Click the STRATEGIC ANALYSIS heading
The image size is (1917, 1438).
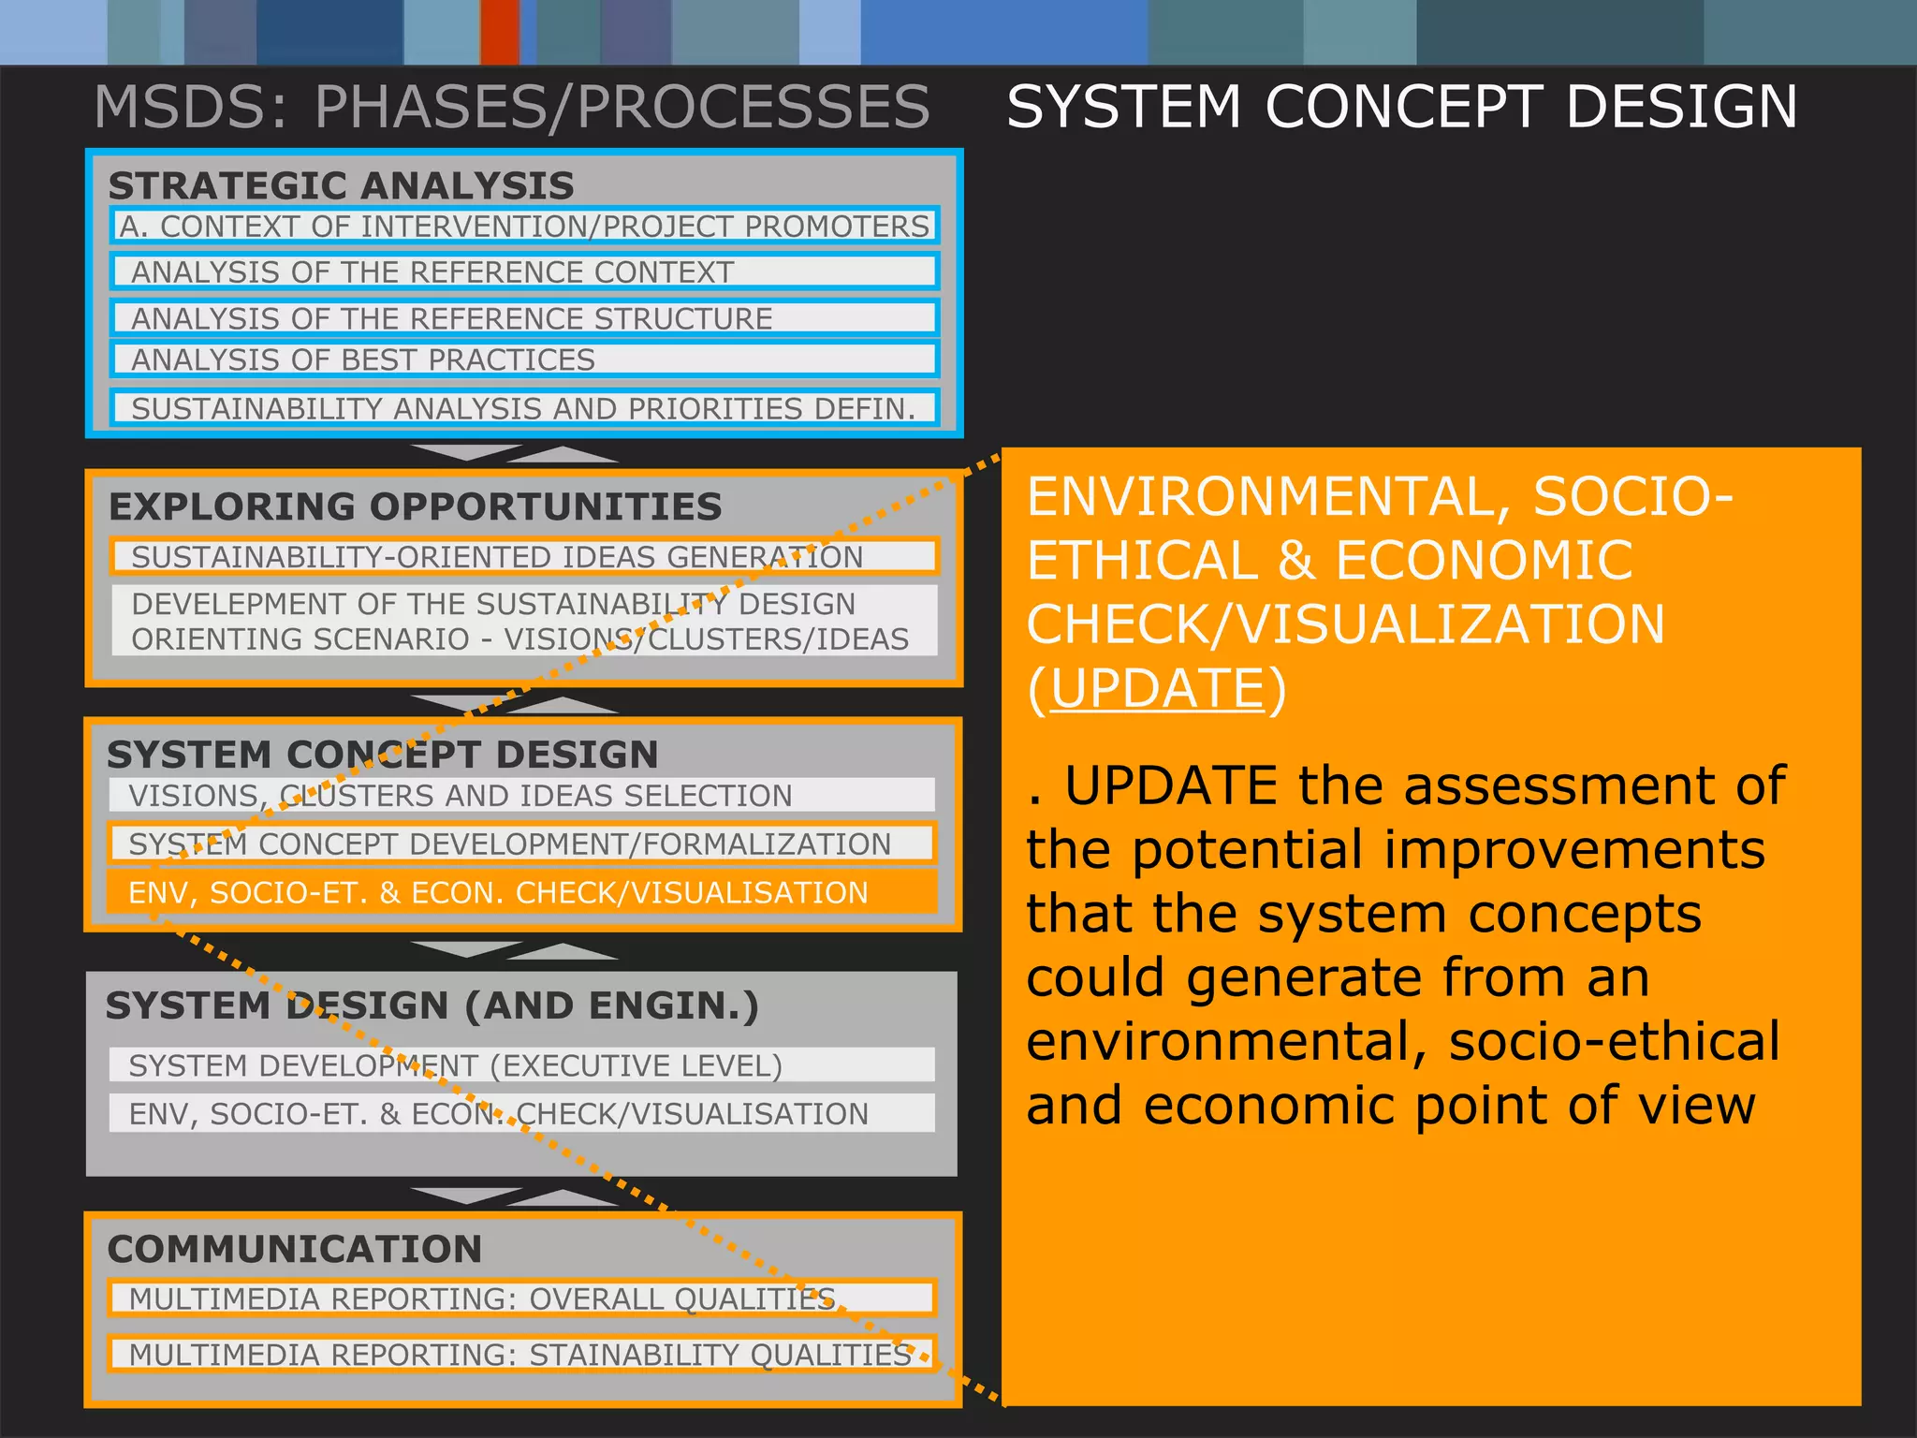(341, 185)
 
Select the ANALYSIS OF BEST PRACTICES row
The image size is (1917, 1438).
(524, 359)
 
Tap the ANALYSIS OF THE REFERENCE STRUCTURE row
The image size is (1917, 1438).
(524, 318)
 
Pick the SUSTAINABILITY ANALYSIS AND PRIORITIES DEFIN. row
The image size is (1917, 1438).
(524, 408)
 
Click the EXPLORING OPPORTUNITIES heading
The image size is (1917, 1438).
(416, 506)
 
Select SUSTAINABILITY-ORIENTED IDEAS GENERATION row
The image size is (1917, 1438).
(524, 556)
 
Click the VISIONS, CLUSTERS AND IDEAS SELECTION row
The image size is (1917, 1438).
(521, 795)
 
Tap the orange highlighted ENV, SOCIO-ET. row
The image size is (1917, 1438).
(521, 892)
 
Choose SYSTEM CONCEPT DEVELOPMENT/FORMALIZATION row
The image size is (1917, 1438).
(521, 844)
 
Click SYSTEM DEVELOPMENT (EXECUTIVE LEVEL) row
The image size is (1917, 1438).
(521, 1065)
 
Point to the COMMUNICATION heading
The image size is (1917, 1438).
(295, 1249)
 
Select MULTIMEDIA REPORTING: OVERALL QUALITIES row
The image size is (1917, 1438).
(521, 1299)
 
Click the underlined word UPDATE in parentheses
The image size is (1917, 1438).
(1158, 689)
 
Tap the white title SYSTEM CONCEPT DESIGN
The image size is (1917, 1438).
(1401, 107)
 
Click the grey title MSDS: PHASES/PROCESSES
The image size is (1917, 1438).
(512, 107)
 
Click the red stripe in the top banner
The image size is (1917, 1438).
(500, 32)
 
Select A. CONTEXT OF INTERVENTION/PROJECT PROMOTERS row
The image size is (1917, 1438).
(524, 227)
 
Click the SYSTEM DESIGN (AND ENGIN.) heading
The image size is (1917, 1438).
(432, 1005)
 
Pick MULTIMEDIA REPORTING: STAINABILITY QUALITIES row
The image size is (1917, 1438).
(521, 1354)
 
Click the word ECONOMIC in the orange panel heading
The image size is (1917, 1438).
(1484, 561)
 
